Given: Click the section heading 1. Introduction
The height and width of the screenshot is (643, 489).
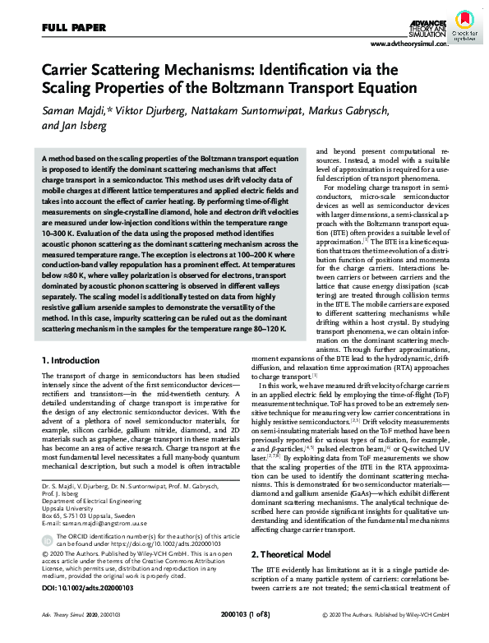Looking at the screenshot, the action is pyautogui.click(x=72, y=360).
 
